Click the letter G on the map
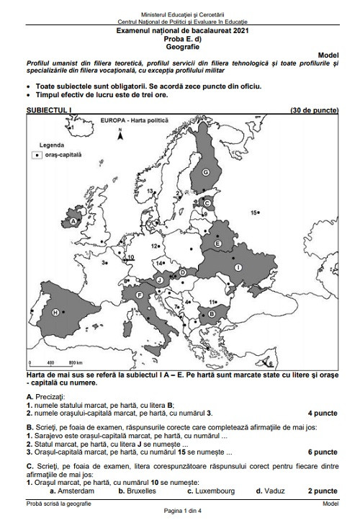[x=205, y=171]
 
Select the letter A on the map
[x=73, y=223]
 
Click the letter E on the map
[x=217, y=245]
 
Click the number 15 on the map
[x=254, y=213]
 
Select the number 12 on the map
[x=154, y=246]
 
